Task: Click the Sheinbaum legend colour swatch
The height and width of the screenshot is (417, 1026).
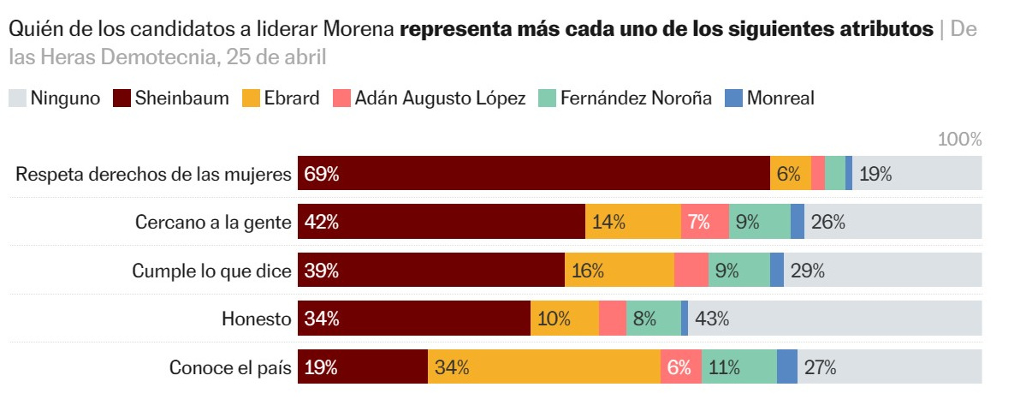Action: pos(121,98)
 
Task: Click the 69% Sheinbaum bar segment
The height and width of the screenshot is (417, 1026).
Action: pos(533,174)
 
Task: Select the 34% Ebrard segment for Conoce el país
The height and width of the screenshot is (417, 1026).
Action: pos(543,367)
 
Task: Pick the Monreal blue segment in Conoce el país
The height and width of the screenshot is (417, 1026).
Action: pos(786,367)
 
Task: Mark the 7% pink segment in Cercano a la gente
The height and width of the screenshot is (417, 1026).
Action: pos(704,223)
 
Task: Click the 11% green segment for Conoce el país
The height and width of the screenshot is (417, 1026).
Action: pos(738,367)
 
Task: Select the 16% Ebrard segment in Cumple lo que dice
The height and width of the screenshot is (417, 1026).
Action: pos(619,271)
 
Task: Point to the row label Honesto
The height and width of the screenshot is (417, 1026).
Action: pos(257,319)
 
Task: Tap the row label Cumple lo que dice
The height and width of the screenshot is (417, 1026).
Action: pos(211,271)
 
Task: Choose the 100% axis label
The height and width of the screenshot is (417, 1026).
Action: pos(959,140)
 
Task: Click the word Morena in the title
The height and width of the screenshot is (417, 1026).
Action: pos(359,29)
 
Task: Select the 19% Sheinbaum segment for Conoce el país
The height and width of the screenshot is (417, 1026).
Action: pos(362,367)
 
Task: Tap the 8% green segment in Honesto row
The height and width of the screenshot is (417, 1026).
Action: pos(653,319)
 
